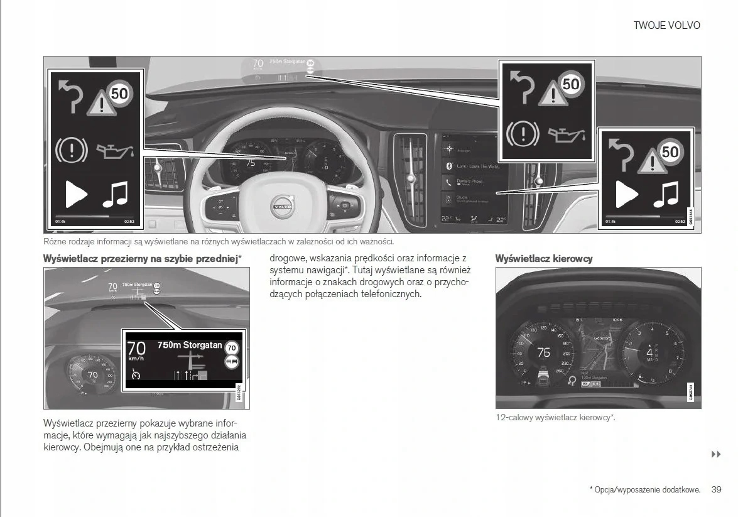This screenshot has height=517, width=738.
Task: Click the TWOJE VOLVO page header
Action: [x=666, y=26]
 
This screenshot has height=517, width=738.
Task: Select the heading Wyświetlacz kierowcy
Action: [x=543, y=259]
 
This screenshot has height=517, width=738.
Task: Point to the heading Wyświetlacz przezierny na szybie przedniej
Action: [x=142, y=259]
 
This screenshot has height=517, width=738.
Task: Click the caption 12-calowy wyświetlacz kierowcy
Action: [x=555, y=418]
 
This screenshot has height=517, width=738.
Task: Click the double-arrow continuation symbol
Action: [x=716, y=454]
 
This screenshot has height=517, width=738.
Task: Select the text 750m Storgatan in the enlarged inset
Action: [x=189, y=345]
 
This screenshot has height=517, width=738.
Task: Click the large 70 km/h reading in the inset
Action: [x=136, y=349]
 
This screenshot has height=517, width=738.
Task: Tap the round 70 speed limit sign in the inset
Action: [x=232, y=348]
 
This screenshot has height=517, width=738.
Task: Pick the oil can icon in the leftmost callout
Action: [x=115, y=150]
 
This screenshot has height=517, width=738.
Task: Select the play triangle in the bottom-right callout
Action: [x=626, y=195]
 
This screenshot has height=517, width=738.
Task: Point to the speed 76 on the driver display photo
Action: [x=544, y=352]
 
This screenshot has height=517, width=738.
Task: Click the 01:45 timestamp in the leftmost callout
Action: [x=60, y=221]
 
